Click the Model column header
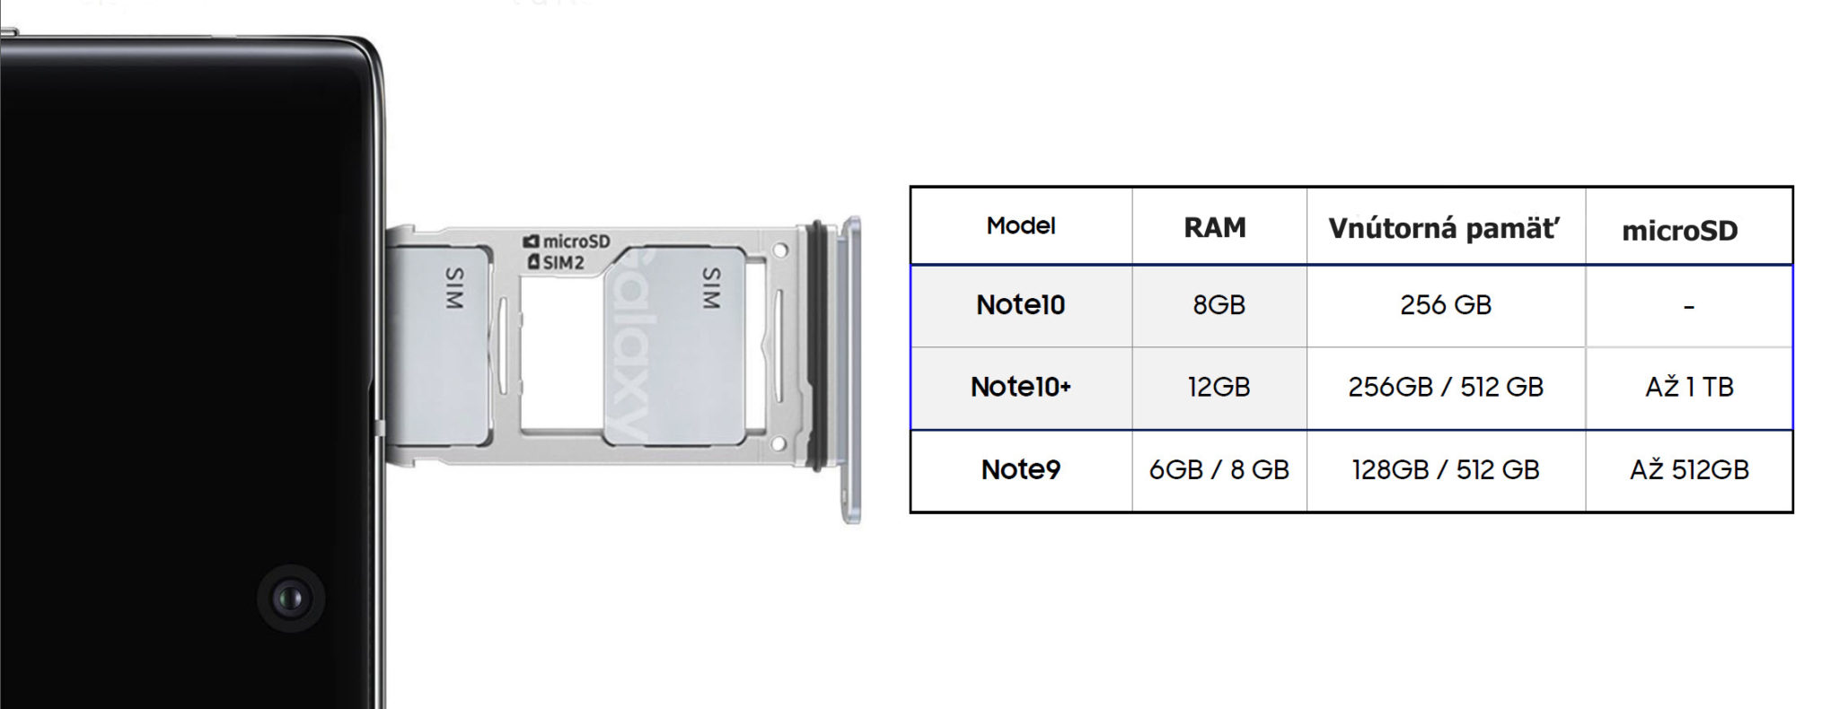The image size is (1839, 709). click(1020, 226)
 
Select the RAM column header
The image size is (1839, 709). click(1215, 228)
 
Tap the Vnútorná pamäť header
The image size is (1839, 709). click(1444, 228)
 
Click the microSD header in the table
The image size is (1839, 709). click(1679, 231)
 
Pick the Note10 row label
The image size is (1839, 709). click(1020, 305)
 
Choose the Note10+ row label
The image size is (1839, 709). click(1020, 387)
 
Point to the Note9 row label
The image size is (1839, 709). click(1020, 469)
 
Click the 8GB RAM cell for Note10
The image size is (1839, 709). click(1219, 305)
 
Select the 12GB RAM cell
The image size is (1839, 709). click(1219, 387)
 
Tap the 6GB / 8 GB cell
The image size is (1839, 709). click(1219, 469)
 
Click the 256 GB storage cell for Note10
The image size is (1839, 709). click(1445, 305)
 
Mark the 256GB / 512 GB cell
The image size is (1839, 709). click(1445, 387)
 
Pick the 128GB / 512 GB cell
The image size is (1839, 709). click(1445, 469)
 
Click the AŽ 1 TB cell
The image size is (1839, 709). click(1689, 387)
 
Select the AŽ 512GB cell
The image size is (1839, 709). click(1689, 469)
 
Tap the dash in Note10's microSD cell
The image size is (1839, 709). click(1689, 308)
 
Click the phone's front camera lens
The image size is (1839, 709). click(290, 599)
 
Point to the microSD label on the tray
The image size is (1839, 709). click(568, 241)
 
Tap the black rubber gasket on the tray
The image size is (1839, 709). click(817, 346)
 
